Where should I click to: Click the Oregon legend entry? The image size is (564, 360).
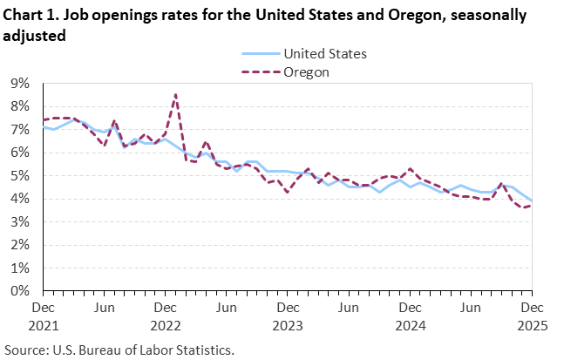pos(306,71)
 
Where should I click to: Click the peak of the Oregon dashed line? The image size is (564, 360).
pos(176,94)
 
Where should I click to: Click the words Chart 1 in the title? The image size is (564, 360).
pos(31,16)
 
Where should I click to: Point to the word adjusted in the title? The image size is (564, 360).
pos(34,36)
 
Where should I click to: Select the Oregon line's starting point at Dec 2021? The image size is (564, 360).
pos(44,120)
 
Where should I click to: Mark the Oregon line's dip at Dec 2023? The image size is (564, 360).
pos(288,192)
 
